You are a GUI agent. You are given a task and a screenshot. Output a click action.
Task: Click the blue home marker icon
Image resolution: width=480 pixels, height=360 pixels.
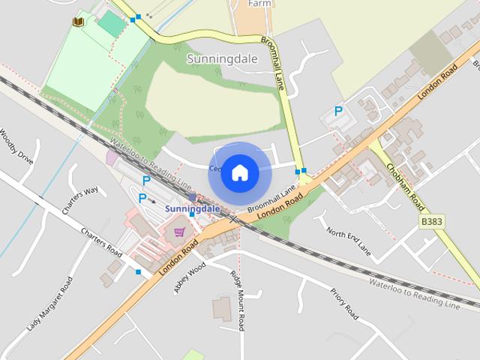[x=239, y=173]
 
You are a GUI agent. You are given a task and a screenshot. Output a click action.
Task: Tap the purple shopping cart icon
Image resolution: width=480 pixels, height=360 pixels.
[x=179, y=232]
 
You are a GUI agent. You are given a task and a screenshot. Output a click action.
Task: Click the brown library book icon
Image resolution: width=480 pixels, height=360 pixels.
[x=78, y=22]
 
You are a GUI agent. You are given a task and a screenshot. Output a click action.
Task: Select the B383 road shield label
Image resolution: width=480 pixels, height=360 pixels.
[x=432, y=222]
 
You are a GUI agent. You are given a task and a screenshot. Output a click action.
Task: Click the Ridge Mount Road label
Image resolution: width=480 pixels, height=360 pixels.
[x=238, y=300]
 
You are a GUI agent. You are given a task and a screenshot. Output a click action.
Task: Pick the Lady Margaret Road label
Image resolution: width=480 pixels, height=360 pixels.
[x=50, y=303]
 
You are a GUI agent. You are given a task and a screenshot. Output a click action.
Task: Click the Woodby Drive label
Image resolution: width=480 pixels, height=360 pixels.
[x=16, y=147]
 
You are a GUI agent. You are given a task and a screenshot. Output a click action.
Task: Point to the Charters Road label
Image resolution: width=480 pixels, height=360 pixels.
[x=101, y=241]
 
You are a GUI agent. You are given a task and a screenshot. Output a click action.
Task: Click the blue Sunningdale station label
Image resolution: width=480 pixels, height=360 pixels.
[x=192, y=208]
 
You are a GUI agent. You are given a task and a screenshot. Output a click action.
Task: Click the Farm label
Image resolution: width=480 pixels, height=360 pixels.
[x=259, y=3]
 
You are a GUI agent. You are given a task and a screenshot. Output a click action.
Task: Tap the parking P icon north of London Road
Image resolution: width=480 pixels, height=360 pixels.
[x=338, y=112]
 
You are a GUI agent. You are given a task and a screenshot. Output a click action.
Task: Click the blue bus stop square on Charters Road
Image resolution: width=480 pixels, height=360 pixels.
[x=139, y=271]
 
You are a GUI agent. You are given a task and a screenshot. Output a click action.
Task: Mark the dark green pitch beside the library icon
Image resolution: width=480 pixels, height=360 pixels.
[x=112, y=24]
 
